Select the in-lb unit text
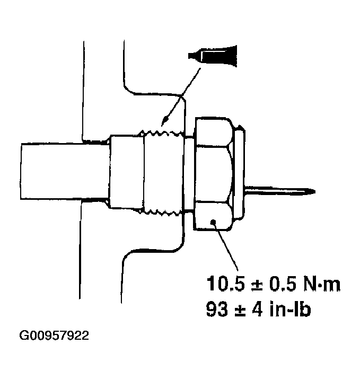288,309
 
